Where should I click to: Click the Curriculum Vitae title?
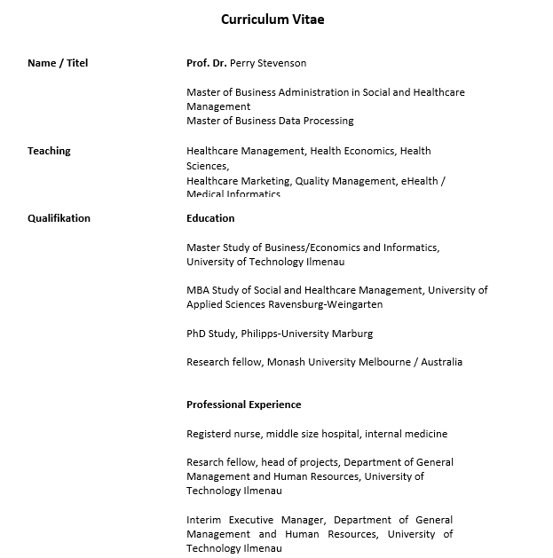point(273,19)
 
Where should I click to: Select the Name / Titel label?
point(58,63)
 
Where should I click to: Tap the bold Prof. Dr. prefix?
point(206,63)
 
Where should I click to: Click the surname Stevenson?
point(282,63)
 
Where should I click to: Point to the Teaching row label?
point(49,151)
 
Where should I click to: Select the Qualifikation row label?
point(59,218)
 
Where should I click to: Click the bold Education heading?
point(210,218)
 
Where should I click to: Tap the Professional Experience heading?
point(243,405)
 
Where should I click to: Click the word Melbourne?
point(387,362)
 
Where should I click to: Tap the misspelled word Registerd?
point(210,434)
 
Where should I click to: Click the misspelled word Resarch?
point(205,462)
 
